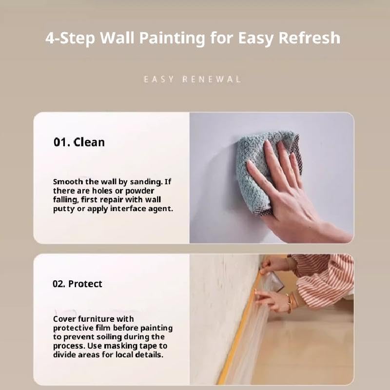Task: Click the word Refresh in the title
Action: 310,38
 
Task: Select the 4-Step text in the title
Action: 70,39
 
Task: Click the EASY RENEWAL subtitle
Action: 192,79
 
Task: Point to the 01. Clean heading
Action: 79,142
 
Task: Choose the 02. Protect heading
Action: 78,284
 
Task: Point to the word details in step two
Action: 149,355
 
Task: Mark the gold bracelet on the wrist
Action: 289,303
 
